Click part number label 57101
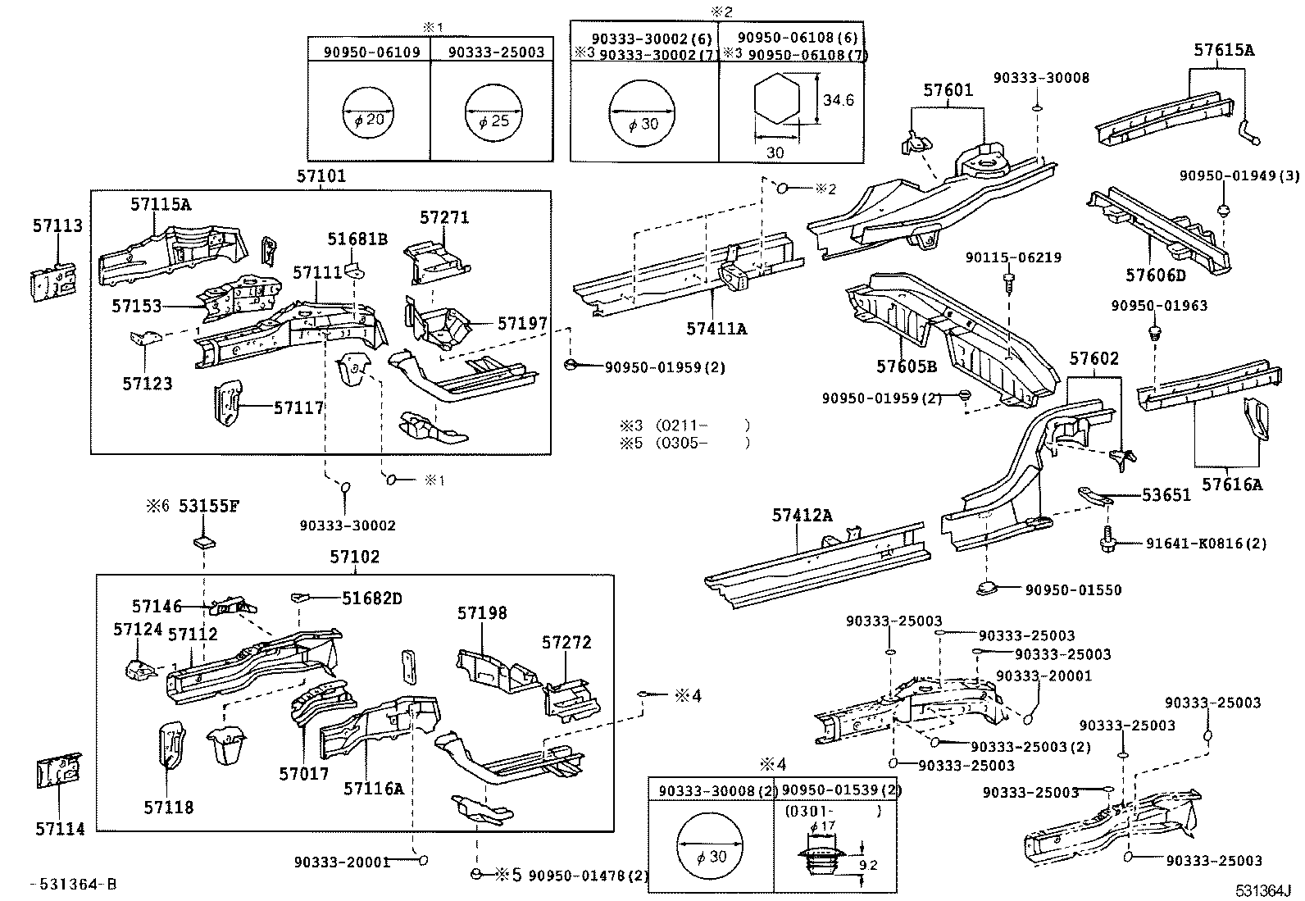[321, 176]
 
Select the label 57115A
[161, 204]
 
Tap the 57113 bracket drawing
[55, 281]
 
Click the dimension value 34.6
[839, 100]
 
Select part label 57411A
[716, 329]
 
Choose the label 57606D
[1157, 275]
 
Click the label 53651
[1166, 494]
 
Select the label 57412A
[802, 515]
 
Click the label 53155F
[209, 506]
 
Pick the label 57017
[303, 773]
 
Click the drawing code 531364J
[1263, 891]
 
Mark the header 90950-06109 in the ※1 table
[371, 52]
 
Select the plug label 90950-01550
[1072, 589]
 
